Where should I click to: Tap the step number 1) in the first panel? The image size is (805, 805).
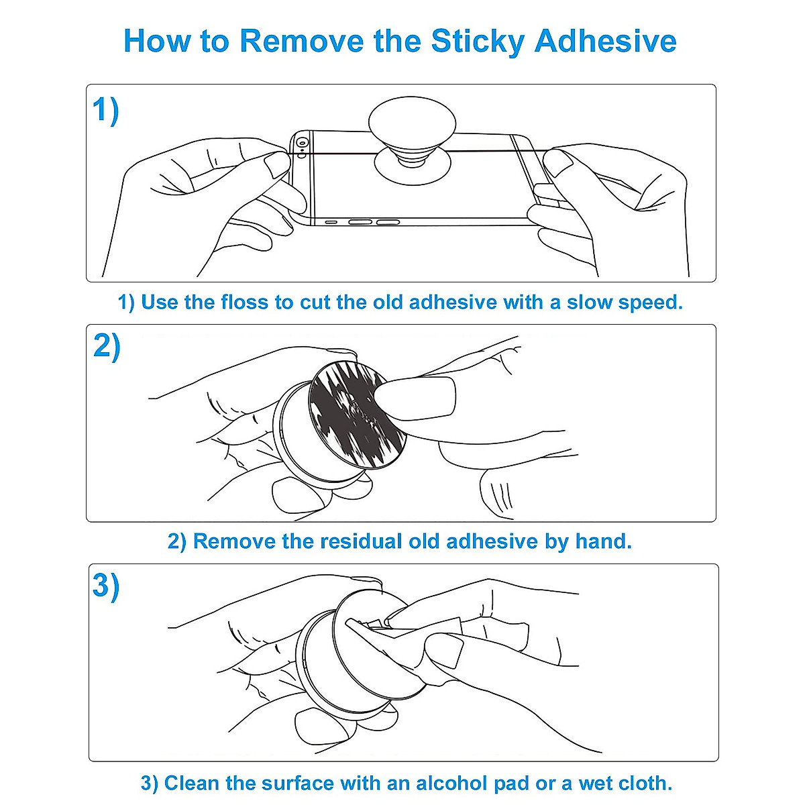(105, 110)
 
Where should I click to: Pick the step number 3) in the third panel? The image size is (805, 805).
(106, 585)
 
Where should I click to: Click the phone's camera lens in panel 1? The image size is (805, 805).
(303, 143)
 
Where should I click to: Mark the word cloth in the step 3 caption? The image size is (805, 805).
(643, 783)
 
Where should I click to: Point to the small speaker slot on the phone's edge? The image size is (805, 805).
(331, 221)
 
